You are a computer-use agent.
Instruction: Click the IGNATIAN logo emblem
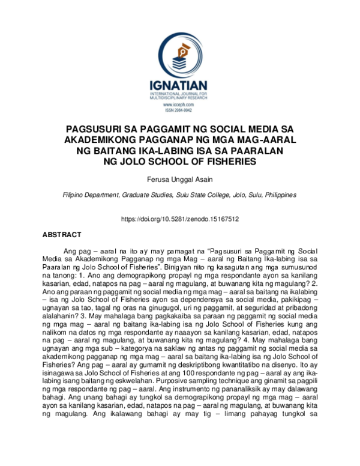point(180,57)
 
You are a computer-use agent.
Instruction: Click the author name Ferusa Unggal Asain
point(180,180)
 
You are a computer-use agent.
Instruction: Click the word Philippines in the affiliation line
point(278,195)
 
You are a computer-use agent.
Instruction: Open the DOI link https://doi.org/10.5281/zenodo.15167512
point(180,219)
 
